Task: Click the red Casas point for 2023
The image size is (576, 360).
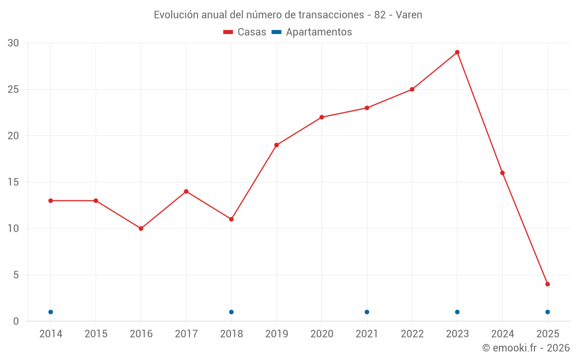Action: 457,52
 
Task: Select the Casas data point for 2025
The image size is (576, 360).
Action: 548,284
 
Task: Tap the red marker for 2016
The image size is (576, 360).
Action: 141,229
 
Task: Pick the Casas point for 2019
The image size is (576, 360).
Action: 276,145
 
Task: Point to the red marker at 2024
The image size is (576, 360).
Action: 502,173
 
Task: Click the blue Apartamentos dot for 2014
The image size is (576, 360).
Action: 51,312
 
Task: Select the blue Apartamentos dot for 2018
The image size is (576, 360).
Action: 232,312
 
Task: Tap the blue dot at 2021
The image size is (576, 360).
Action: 367,312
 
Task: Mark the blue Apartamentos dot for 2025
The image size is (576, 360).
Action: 548,312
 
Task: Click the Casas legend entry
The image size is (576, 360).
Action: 245,32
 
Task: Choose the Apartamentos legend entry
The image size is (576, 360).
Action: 312,32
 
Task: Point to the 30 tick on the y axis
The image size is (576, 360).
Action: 13,43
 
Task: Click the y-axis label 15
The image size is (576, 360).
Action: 13,183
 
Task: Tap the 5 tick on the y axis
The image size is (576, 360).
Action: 16,275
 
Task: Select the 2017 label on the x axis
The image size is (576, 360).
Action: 186,334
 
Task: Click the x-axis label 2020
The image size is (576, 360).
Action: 322,334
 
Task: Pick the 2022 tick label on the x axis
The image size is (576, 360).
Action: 412,334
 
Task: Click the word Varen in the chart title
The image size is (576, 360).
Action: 409,15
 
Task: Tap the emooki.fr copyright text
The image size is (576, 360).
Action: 526,348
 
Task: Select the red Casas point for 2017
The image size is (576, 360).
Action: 186,191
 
